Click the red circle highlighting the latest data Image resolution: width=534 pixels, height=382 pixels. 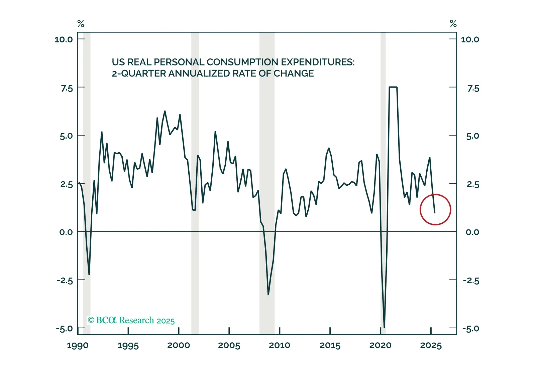tap(435, 209)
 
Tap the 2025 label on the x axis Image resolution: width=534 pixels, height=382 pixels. tap(431, 346)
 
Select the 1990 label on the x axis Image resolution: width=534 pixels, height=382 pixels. tap(78, 346)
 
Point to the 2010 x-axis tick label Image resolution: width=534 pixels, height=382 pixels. tap(280, 346)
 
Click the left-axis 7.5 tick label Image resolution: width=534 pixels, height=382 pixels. tap(67, 88)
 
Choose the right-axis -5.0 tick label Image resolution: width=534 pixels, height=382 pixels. tap(470, 329)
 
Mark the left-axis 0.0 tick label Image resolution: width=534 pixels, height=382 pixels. tap(66, 232)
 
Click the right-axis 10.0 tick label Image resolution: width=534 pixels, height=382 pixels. tap(470, 40)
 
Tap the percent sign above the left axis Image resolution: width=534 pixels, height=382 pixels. tap(81, 24)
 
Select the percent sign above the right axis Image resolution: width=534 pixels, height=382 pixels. tap(453, 24)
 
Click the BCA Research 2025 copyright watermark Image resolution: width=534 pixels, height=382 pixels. tap(131, 320)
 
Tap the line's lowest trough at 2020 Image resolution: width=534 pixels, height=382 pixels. tap(384, 327)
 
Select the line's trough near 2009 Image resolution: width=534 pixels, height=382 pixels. tap(268, 295)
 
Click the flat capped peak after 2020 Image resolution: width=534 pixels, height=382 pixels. tap(393, 87)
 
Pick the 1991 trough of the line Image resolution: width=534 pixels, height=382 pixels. tap(89, 274)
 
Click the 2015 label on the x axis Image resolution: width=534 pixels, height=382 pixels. tap(330, 346)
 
